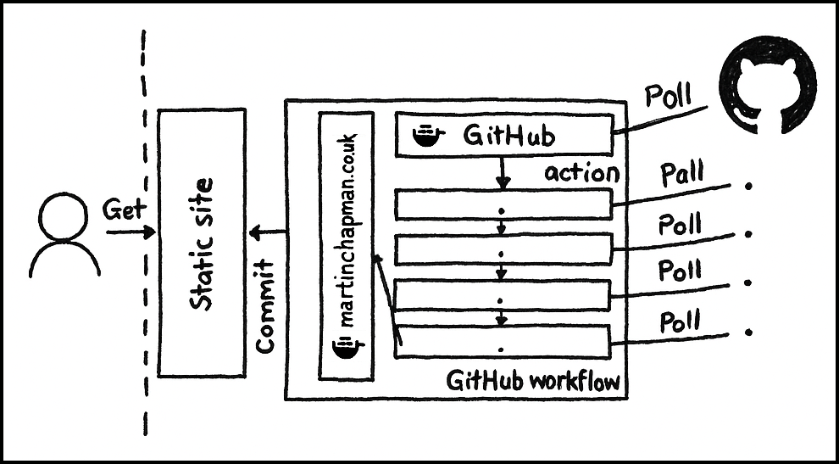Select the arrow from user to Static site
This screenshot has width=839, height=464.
click(x=131, y=232)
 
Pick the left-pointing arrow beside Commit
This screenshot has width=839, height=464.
click(x=268, y=232)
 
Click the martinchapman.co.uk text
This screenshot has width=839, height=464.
click(x=346, y=229)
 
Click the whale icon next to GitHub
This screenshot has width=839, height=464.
click(x=429, y=137)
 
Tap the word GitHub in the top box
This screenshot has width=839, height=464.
click(x=508, y=136)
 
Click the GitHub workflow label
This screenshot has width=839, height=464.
click(x=533, y=381)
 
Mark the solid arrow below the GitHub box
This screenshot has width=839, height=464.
click(x=503, y=173)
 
